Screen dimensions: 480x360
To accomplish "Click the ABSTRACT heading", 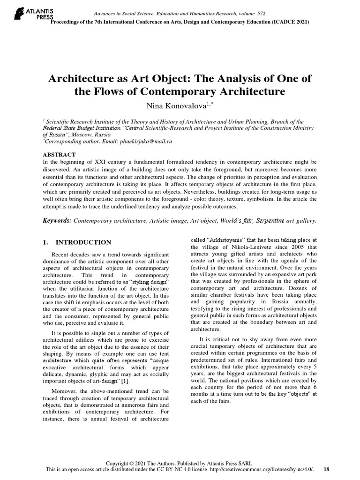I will click(x=59, y=154).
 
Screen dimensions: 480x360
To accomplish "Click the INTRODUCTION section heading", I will click(x=83, y=242).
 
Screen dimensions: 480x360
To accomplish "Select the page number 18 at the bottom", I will click(x=327, y=469).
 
